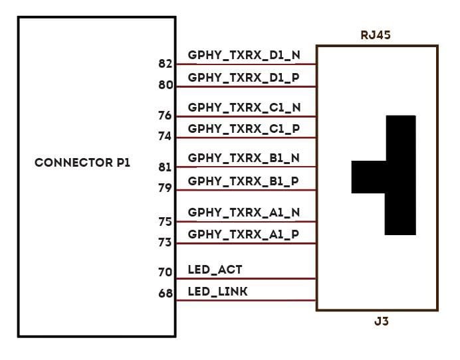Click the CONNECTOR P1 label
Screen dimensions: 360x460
82,163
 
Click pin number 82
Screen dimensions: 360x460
166,64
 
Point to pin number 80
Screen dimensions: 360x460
166,85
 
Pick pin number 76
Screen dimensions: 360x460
166,116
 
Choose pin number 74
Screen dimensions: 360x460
166,136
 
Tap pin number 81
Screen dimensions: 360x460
166,167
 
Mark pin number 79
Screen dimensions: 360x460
166,188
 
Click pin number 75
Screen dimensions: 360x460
166,222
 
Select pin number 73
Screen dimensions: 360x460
166,242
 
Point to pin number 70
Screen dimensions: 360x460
166,272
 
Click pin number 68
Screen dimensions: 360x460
166,293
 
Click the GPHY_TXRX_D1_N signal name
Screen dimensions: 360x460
244,55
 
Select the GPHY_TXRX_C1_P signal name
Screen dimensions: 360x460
244,128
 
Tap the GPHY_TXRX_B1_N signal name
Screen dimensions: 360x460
244,158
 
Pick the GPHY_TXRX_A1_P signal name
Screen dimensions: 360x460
244,234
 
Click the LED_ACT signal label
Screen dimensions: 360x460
215,270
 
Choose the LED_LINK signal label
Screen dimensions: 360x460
218,291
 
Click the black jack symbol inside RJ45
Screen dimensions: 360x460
399,176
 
